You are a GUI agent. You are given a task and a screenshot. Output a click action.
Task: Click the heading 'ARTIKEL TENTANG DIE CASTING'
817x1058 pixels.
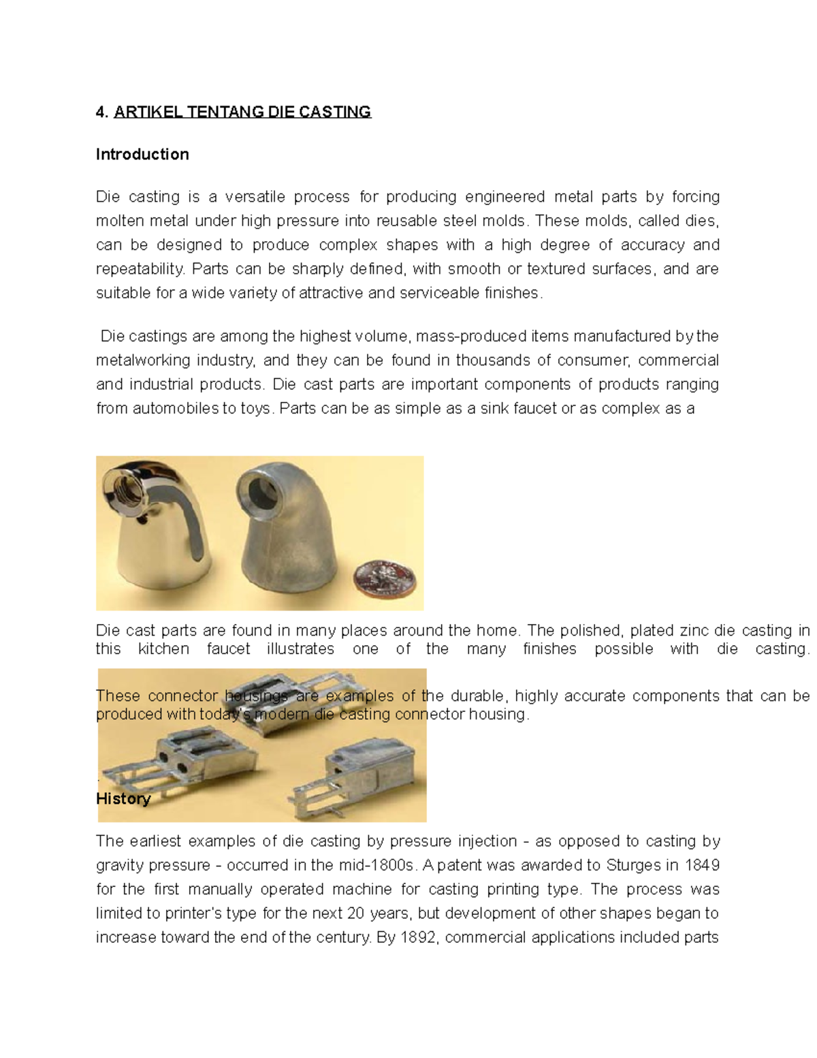click(242, 112)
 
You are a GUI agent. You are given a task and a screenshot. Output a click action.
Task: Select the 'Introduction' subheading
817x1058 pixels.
click(142, 155)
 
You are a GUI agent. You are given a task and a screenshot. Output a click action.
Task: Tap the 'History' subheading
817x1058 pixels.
click(123, 799)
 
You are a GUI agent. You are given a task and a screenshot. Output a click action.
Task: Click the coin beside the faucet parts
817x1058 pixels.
click(383, 579)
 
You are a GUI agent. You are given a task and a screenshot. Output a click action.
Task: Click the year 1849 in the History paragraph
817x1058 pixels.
click(702, 865)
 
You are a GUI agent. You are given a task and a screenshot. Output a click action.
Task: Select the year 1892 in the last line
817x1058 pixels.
click(419, 937)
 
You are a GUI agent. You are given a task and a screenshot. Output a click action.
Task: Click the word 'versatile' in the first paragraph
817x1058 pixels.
click(255, 197)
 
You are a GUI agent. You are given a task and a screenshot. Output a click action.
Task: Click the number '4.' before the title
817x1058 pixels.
click(102, 112)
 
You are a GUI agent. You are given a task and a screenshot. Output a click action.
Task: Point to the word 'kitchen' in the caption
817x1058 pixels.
click(163, 649)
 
